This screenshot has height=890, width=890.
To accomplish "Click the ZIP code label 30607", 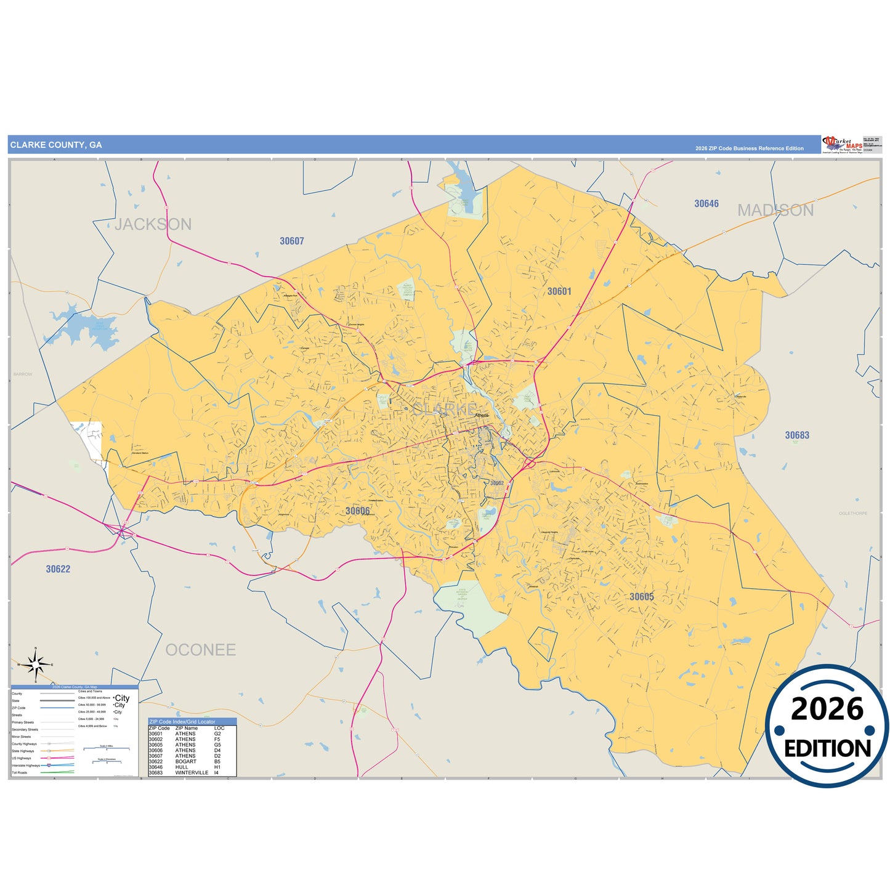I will point(292,241).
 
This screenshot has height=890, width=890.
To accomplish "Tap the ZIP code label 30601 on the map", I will point(559,291).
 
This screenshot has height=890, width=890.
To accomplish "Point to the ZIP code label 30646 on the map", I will point(706,204).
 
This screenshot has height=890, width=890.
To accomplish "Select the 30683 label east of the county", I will point(797,435).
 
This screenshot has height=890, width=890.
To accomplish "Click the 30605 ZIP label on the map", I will point(642,597).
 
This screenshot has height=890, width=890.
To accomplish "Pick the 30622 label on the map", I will point(58,569).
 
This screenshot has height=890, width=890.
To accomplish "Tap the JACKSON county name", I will point(153,224).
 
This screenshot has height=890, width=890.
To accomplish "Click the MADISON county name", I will point(775,211).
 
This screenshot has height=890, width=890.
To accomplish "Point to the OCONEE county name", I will point(201,650).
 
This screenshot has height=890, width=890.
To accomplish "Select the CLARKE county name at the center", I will point(444,409).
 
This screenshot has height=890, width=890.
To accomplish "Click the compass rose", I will point(36,665).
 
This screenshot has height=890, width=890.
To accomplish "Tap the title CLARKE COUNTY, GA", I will point(56,145).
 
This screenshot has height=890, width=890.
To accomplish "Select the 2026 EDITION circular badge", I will point(827,727).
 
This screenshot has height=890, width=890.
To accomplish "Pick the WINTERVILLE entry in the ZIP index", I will point(192,772).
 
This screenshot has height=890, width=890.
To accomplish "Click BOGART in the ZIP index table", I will point(185,761).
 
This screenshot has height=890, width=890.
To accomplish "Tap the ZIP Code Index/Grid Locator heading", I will point(182,721).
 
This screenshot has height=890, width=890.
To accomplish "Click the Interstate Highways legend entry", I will point(25,766).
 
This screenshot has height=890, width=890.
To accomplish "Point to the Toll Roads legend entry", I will point(20,772).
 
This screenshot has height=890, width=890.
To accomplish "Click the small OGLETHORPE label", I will point(853,513).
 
